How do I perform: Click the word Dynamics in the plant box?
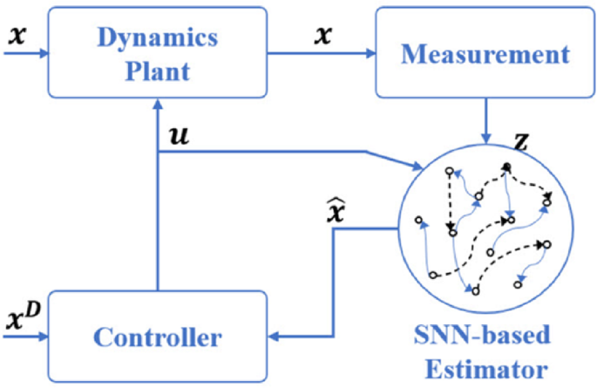pos(159,39)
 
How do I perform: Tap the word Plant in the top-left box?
pos(159,69)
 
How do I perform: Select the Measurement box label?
pos(485,54)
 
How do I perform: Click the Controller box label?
pos(157,336)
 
